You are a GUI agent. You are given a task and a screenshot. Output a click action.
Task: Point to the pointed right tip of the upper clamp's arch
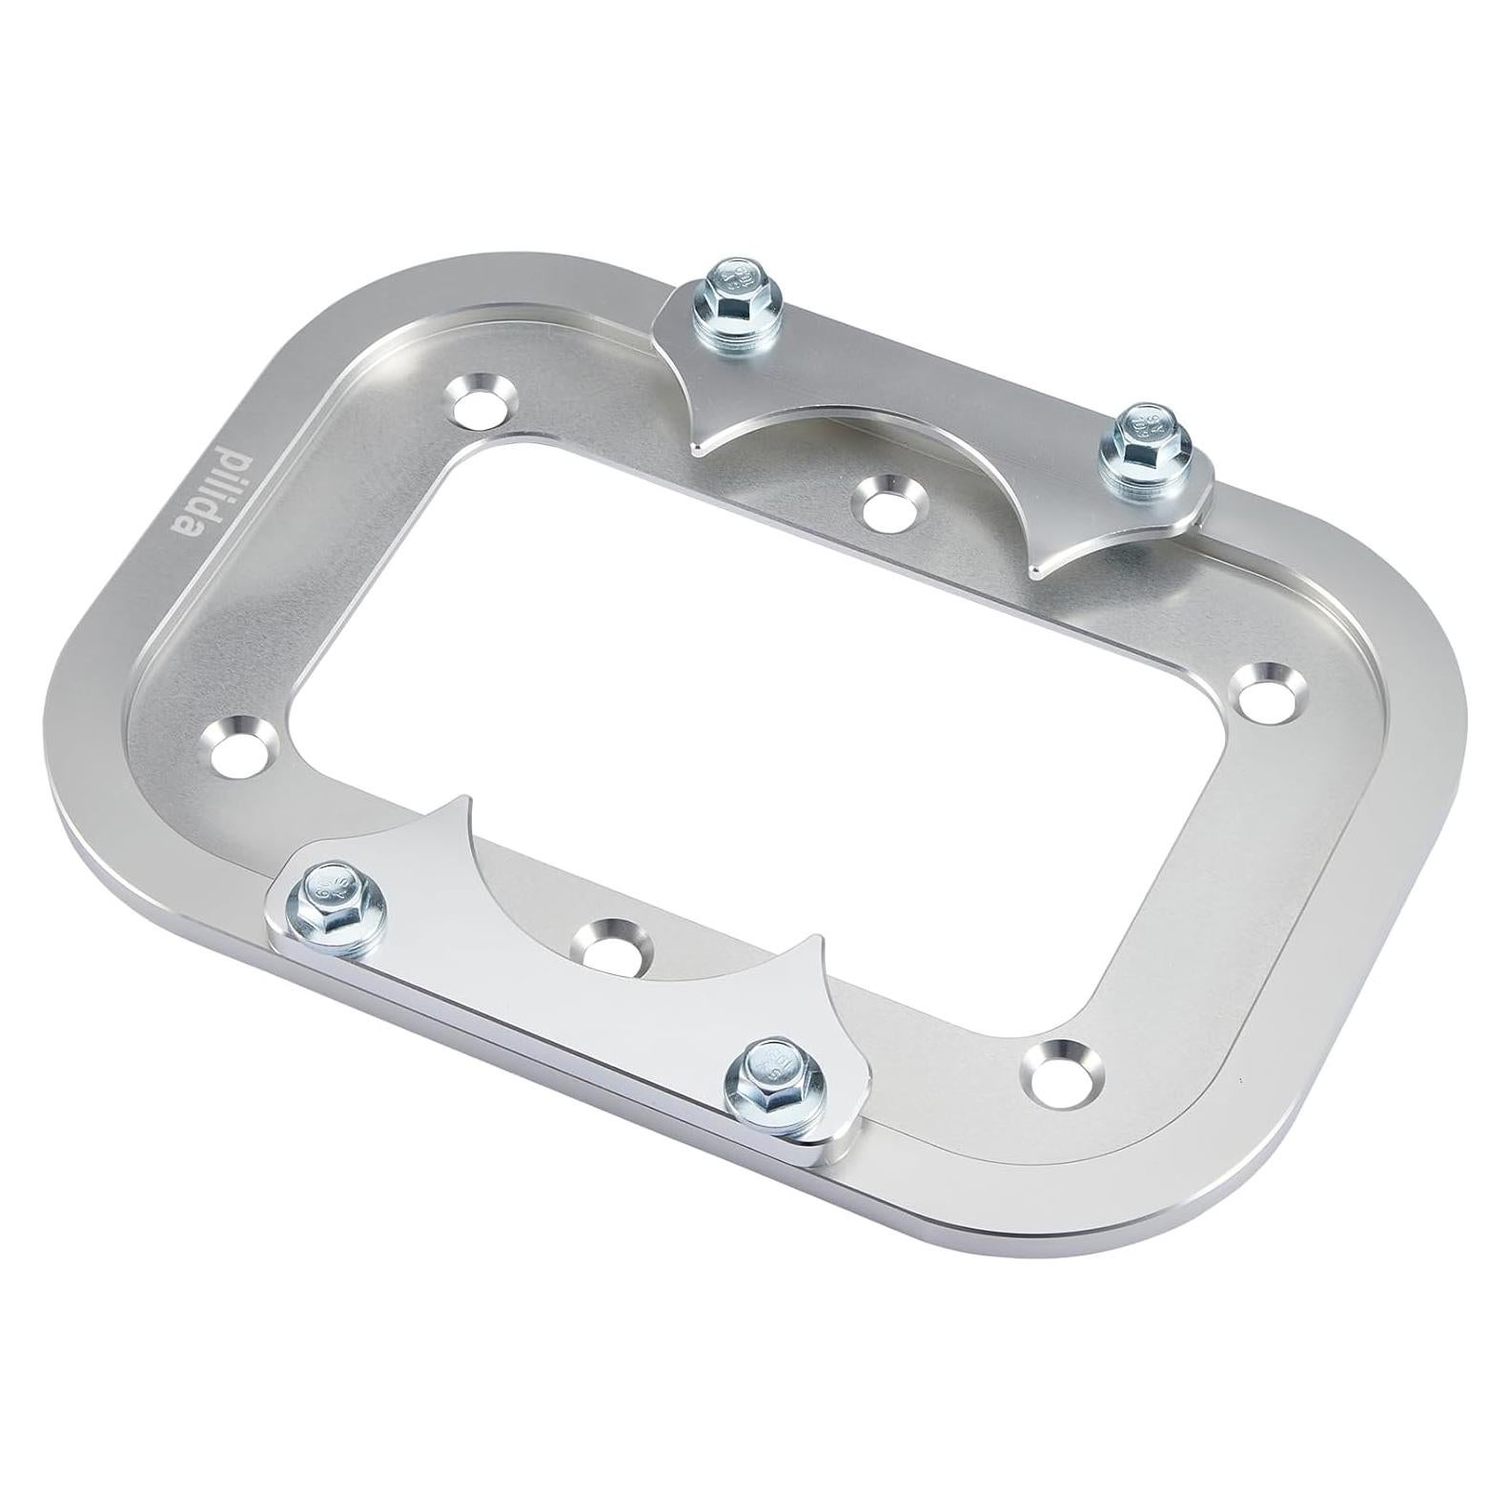[x=1036, y=573]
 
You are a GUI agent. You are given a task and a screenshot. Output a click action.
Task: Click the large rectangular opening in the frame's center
[x=744, y=724]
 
